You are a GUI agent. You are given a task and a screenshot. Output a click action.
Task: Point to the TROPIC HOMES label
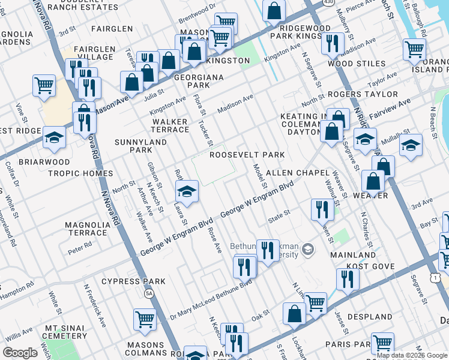coord(89,173)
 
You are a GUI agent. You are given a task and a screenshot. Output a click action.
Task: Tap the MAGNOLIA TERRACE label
coord(86,229)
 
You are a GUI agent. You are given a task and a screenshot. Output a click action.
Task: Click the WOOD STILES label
coord(356,64)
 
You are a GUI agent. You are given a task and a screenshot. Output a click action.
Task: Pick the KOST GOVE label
coord(370,266)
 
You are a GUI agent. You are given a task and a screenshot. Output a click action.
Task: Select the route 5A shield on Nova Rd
coord(148,293)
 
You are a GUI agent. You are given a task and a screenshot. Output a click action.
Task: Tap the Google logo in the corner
coord(20,352)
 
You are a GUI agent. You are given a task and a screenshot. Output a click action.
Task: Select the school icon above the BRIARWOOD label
coord(54,137)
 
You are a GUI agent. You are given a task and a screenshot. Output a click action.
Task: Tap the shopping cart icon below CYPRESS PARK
coord(145,319)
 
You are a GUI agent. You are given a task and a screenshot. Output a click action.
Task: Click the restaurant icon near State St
coord(322,209)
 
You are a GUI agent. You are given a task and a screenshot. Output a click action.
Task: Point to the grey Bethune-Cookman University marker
coord(308,248)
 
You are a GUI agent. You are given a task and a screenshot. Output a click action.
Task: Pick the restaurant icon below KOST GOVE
coord(348,278)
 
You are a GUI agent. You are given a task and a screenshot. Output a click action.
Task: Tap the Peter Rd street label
coord(79,245)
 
